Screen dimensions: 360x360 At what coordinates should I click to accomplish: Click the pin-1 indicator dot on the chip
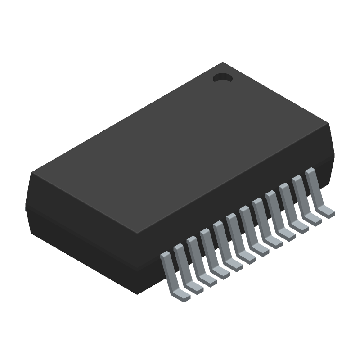[x=222, y=78]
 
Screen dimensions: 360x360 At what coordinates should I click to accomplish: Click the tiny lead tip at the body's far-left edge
[x=25, y=209]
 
